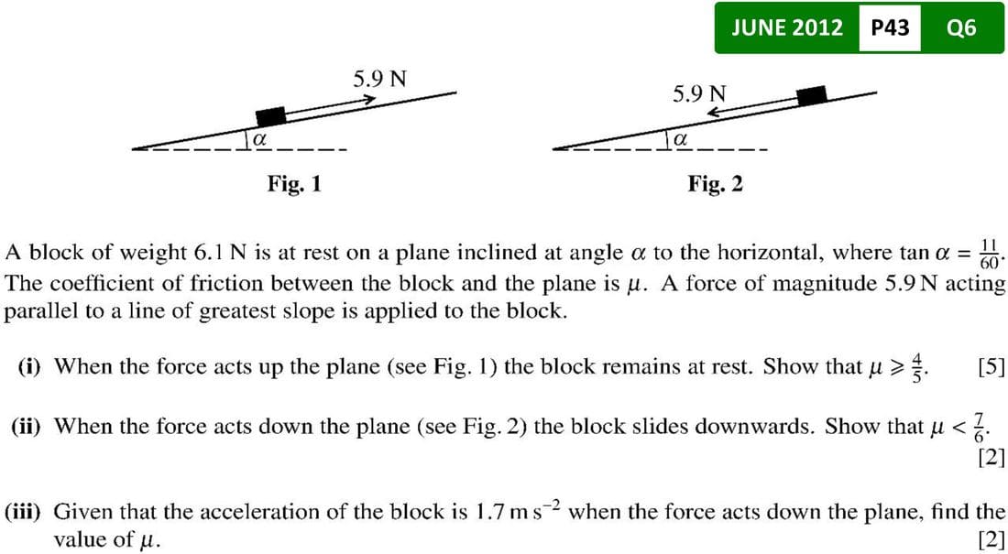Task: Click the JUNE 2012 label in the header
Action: tap(788, 27)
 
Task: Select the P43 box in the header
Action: tap(890, 27)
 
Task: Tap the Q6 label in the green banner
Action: tap(961, 27)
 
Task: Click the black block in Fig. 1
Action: tap(270, 116)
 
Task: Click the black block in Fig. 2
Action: tap(811, 95)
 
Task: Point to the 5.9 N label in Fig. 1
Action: tap(380, 78)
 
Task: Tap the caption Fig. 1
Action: tap(294, 184)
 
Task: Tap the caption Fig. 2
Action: tap(716, 184)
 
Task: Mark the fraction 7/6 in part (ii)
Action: tap(992, 427)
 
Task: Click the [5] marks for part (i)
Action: tap(991, 367)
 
